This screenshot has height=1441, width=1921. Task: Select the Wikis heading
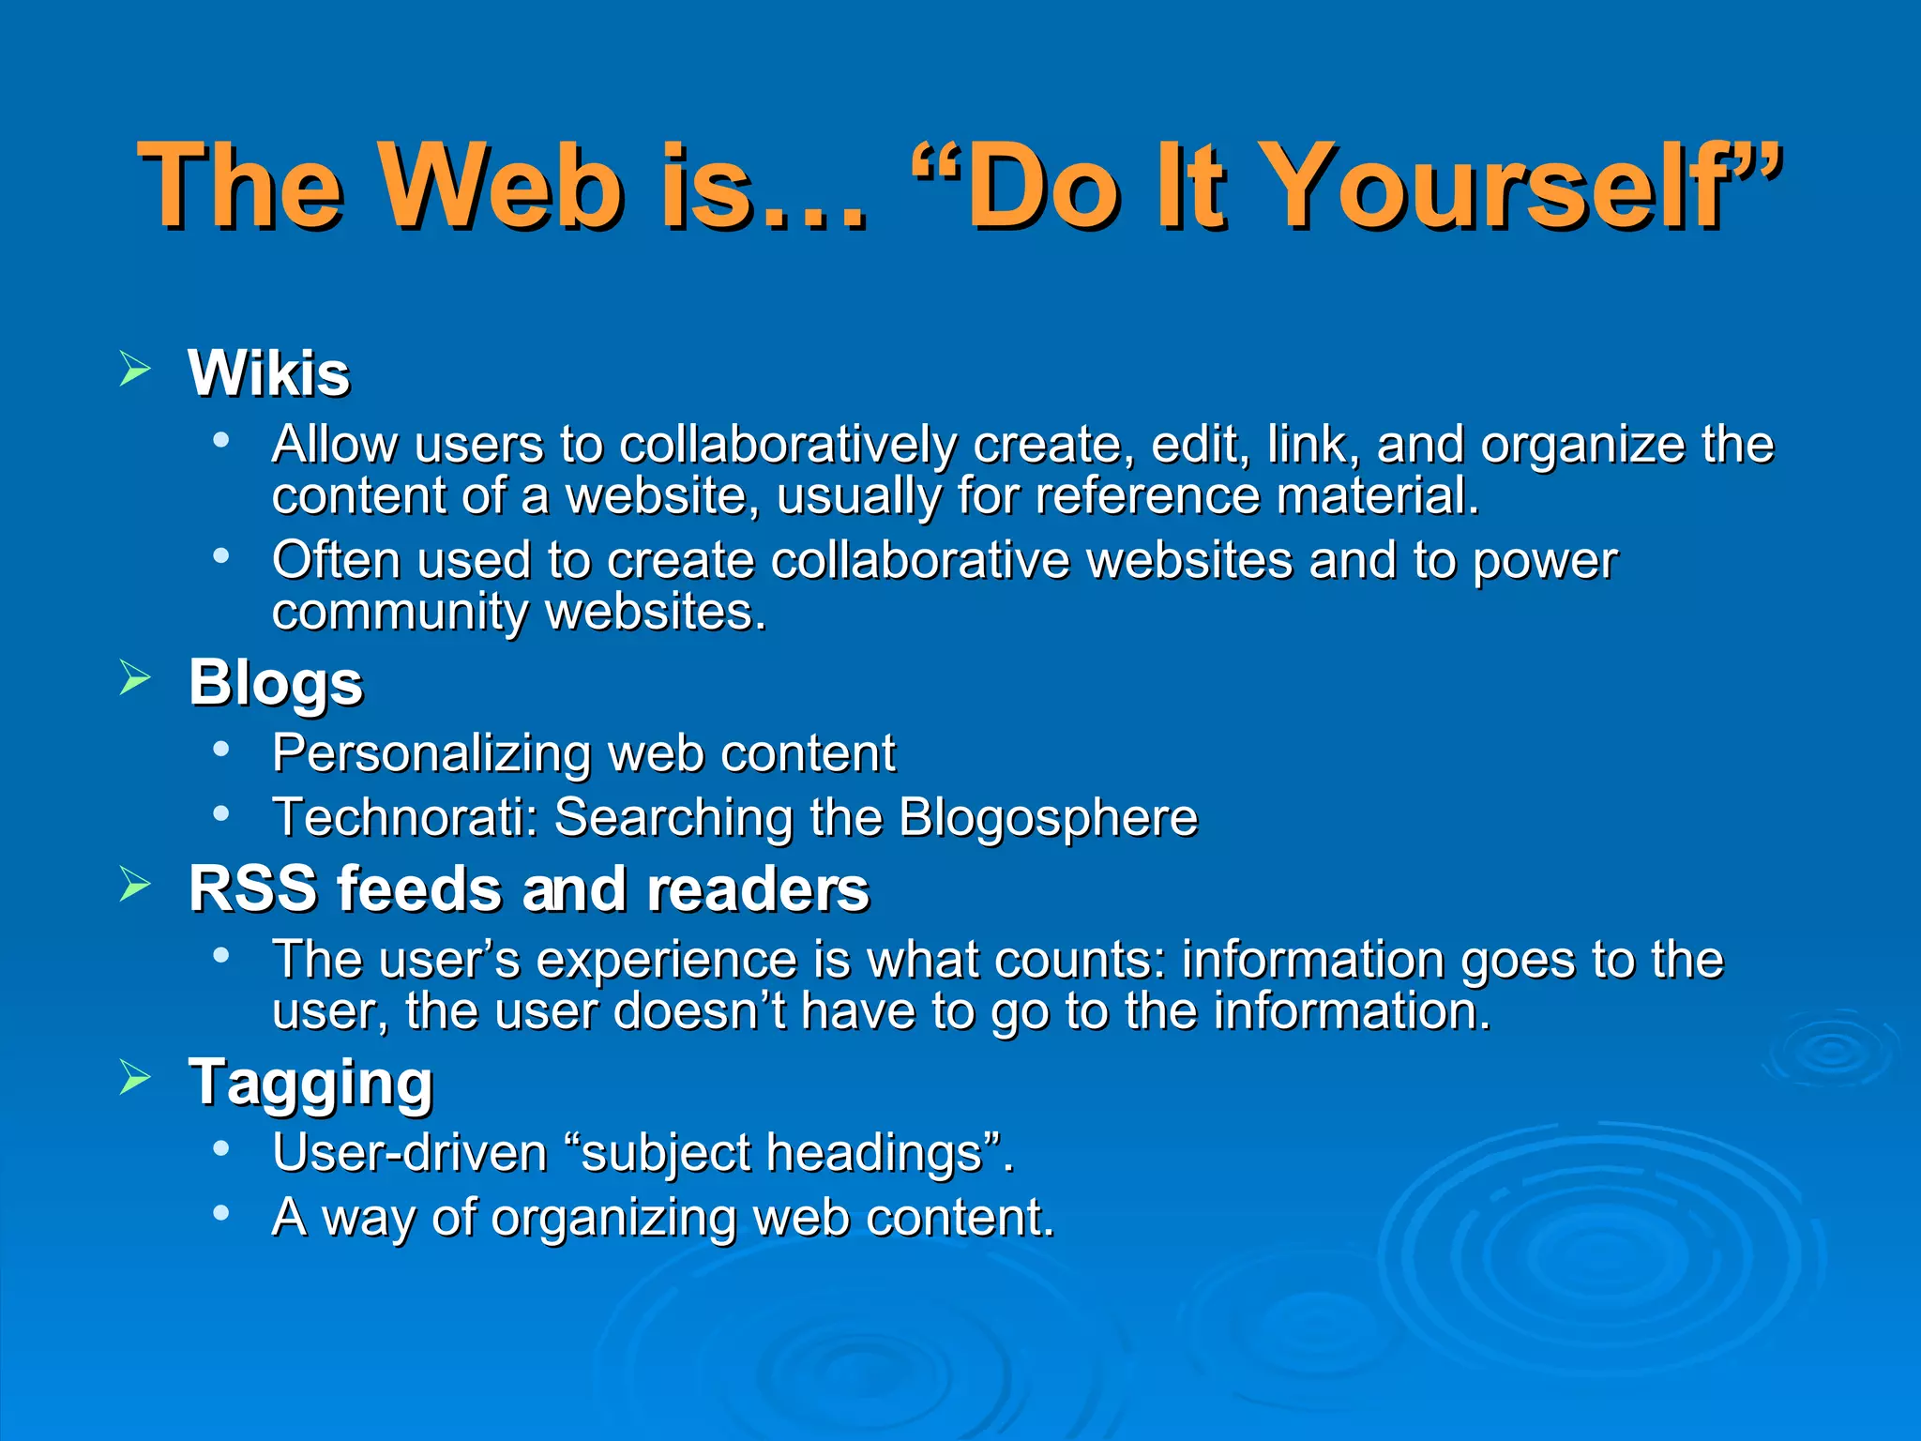pos(269,373)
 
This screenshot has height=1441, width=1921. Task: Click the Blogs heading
pos(276,683)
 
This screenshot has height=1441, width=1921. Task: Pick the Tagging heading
pos(310,1084)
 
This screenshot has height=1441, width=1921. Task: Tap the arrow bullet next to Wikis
pos(136,369)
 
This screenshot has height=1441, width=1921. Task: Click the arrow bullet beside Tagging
pos(136,1078)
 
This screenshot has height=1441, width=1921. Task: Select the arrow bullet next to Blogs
pos(136,677)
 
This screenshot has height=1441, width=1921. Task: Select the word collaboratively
pos(788,445)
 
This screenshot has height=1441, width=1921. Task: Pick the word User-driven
pos(410,1152)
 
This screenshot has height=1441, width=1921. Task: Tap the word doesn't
pos(701,1011)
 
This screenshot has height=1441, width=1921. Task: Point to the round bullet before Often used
pos(221,556)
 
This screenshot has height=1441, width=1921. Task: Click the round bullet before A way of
pos(221,1213)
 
